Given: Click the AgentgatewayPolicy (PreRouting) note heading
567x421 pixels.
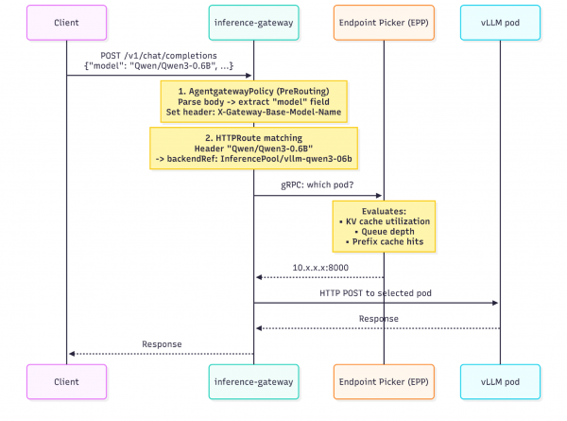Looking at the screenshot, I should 253,90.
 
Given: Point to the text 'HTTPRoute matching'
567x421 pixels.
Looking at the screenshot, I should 253,139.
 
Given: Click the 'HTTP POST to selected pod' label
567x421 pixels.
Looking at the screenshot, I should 375,295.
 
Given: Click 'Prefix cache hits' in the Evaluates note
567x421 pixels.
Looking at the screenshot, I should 386,242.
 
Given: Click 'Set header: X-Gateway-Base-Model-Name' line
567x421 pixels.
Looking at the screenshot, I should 253,112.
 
